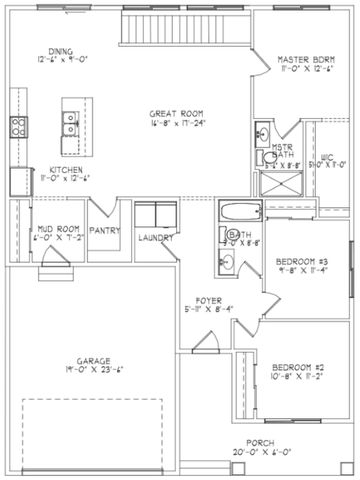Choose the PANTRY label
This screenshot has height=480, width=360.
104,229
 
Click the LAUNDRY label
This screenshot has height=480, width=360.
156,238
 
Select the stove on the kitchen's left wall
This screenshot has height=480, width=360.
18,125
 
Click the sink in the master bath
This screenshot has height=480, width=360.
263,134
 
